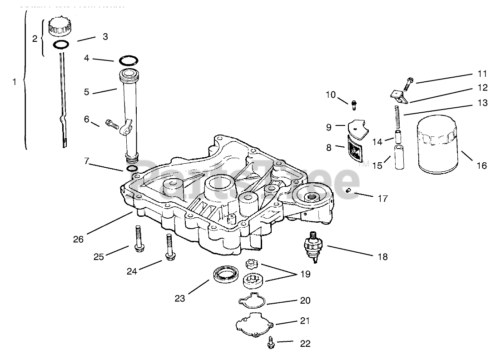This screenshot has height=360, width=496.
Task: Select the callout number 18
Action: coord(382,257)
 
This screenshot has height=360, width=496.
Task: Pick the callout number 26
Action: coord(78,239)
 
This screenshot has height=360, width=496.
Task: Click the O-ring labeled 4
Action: coord(129,60)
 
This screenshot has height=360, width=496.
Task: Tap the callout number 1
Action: coord(14,82)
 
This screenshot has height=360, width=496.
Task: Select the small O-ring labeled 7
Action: coord(132,169)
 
